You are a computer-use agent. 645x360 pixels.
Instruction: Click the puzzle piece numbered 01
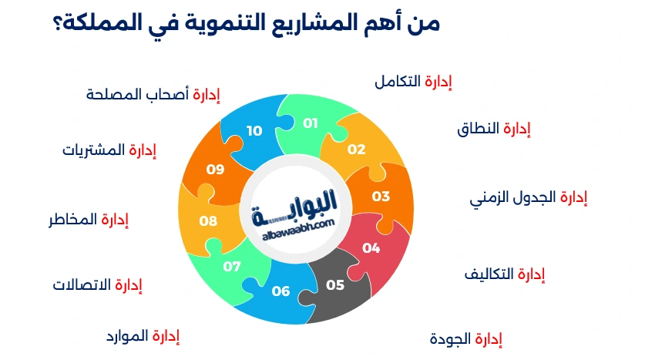pyautogui.click(x=311, y=123)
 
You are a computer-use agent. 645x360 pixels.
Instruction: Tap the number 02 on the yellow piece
pyautogui.click(x=356, y=150)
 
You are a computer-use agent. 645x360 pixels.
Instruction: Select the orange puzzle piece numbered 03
pyautogui.click(x=381, y=196)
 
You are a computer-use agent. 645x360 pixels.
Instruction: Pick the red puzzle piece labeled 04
pyautogui.click(x=371, y=247)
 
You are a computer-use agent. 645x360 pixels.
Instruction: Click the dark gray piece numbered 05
pyautogui.click(x=335, y=284)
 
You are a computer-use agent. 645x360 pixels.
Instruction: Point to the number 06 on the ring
pyautogui.click(x=281, y=291)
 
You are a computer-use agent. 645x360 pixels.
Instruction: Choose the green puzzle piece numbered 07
pyautogui.click(x=232, y=266)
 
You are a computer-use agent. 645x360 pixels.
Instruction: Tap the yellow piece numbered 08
pyautogui.click(x=208, y=220)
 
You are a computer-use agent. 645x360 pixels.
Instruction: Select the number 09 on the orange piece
pyautogui.click(x=215, y=169)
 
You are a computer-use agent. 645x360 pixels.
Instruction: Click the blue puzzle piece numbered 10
pyautogui.click(x=254, y=131)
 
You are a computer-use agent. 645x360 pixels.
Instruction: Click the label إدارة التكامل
pyautogui.click(x=412, y=82)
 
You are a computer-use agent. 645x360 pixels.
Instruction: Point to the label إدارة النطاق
pyautogui.click(x=494, y=129)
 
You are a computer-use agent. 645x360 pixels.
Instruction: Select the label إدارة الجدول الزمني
pyautogui.click(x=528, y=197)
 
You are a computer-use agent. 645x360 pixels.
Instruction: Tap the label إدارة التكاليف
pyautogui.click(x=504, y=274)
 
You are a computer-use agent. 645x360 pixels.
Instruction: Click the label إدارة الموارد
pyautogui.click(x=143, y=336)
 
